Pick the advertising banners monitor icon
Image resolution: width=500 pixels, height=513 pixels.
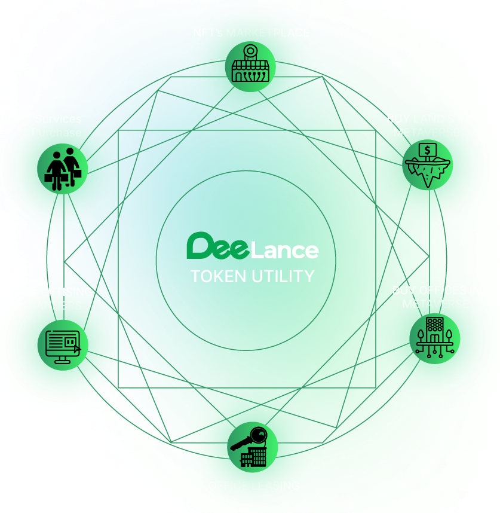click(63, 345)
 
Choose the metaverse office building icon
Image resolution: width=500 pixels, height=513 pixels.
click(434, 338)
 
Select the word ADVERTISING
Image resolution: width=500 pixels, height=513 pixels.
click(55, 292)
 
